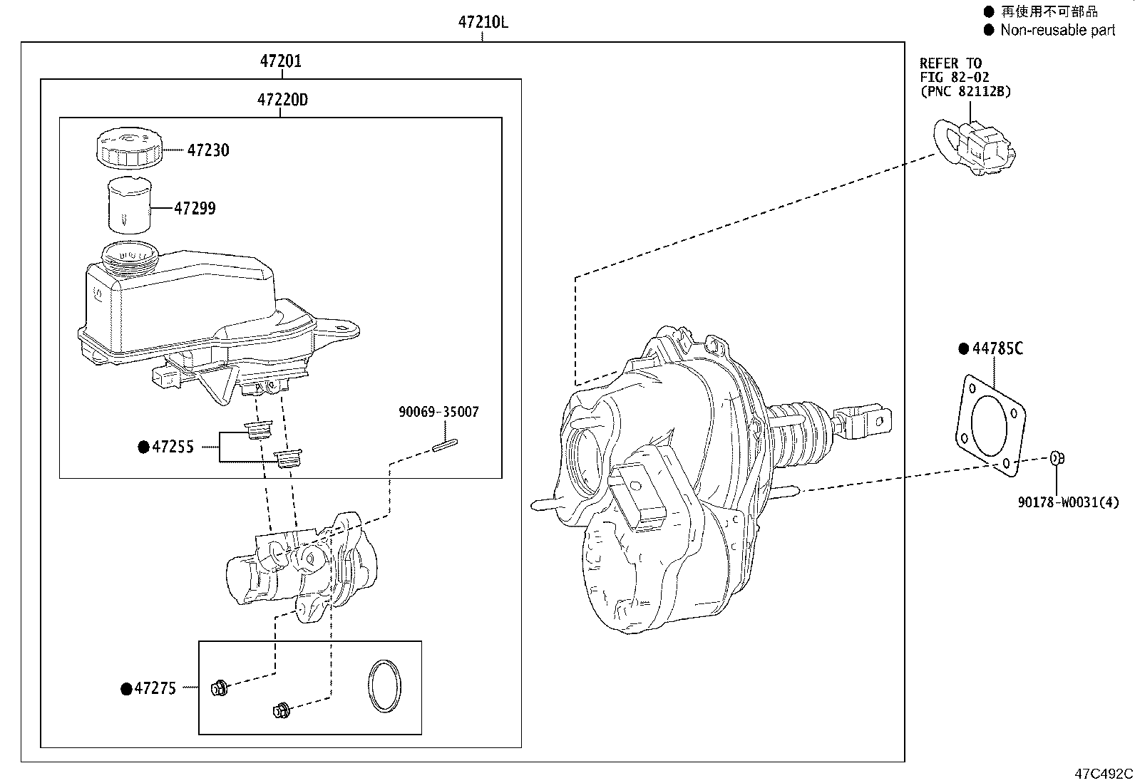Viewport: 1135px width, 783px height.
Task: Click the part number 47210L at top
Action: (x=483, y=22)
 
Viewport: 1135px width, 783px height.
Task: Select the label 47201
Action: (x=280, y=61)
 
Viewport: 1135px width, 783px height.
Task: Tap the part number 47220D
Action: (x=282, y=100)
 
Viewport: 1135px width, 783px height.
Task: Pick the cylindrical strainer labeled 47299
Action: (x=130, y=205)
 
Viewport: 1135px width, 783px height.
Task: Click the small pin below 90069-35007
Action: (x=445, y=445)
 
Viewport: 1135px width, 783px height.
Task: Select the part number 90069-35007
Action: (x=438, y=412)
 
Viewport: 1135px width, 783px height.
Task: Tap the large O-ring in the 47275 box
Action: (x=384, y=685)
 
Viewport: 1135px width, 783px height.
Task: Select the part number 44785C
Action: (x=997, y=348)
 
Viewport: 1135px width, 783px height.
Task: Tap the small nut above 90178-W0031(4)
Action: (x=1058, y=458)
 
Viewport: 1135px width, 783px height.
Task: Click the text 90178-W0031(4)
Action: (x=1068, y=503)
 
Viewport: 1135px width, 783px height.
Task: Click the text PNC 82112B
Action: (x=965, y=91)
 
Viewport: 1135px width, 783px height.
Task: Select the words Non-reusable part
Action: (x=1058, y=30)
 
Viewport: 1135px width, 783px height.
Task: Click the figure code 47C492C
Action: (x=1104, y=773)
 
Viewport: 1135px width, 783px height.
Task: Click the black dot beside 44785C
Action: (x=964, y=348)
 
